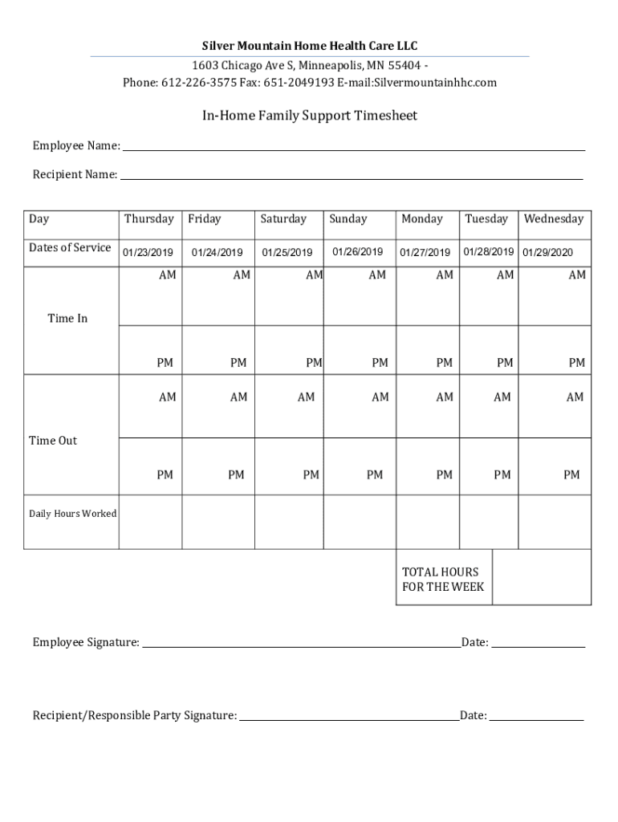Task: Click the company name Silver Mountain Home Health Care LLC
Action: (x=309, y=46)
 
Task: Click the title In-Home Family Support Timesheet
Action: (x=309, y=116)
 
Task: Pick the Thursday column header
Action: (x=148, y=219)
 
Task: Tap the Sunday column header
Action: (x=348, y=219)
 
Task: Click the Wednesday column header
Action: (x=553, y=219)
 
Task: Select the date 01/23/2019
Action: (x=148, y=253)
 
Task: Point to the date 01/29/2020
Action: (x=547, y=253)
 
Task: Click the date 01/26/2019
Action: (x=357, y=252)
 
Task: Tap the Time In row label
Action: (x=67, y=319)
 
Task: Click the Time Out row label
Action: (x=53, y=441)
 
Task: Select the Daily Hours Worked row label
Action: (x=72, y=514)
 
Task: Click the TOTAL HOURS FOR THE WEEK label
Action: (x=443, y=579)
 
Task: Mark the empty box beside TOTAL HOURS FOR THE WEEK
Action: (x=541, y=576)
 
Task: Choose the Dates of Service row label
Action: (x=70, y=248)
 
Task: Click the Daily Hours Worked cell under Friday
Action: (x=218, y=522)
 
